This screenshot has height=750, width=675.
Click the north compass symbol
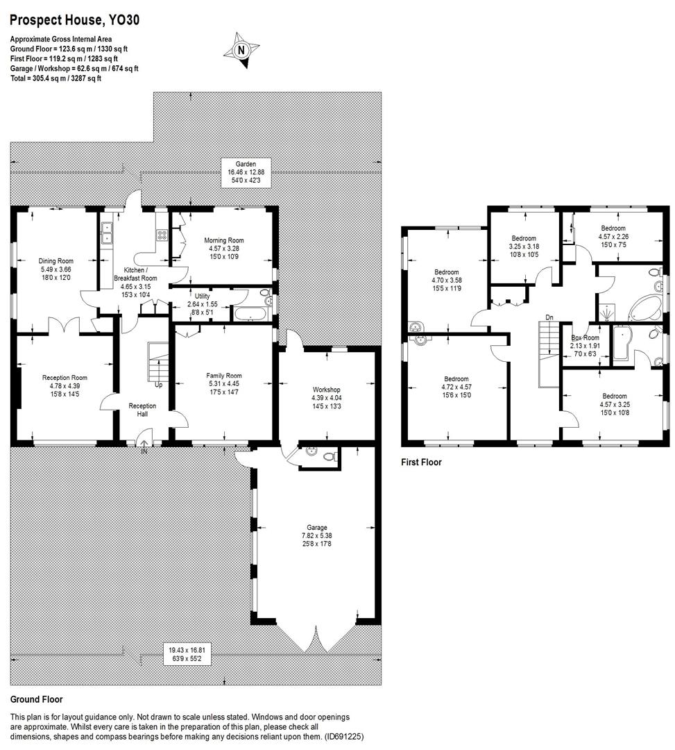click(x=241, y=49)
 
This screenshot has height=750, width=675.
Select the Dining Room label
click(x=55, y=261)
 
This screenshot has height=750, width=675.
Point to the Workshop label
click(x=326, y=390)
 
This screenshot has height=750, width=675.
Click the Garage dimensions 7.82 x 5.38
click(x=317, y=535)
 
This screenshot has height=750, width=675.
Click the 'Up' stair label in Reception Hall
click(x=159, y=385)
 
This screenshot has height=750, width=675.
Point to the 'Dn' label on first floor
click(x=549, y=317)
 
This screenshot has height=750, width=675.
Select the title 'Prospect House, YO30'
click(x=75, y=20)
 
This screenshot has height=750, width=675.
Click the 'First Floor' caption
click(x=421, y=462)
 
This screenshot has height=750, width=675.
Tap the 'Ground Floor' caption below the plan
click(x=36, y=699)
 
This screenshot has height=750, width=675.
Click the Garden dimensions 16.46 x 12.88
click(x=246, y=172)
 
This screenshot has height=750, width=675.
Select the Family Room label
click(x=223, y=376)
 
